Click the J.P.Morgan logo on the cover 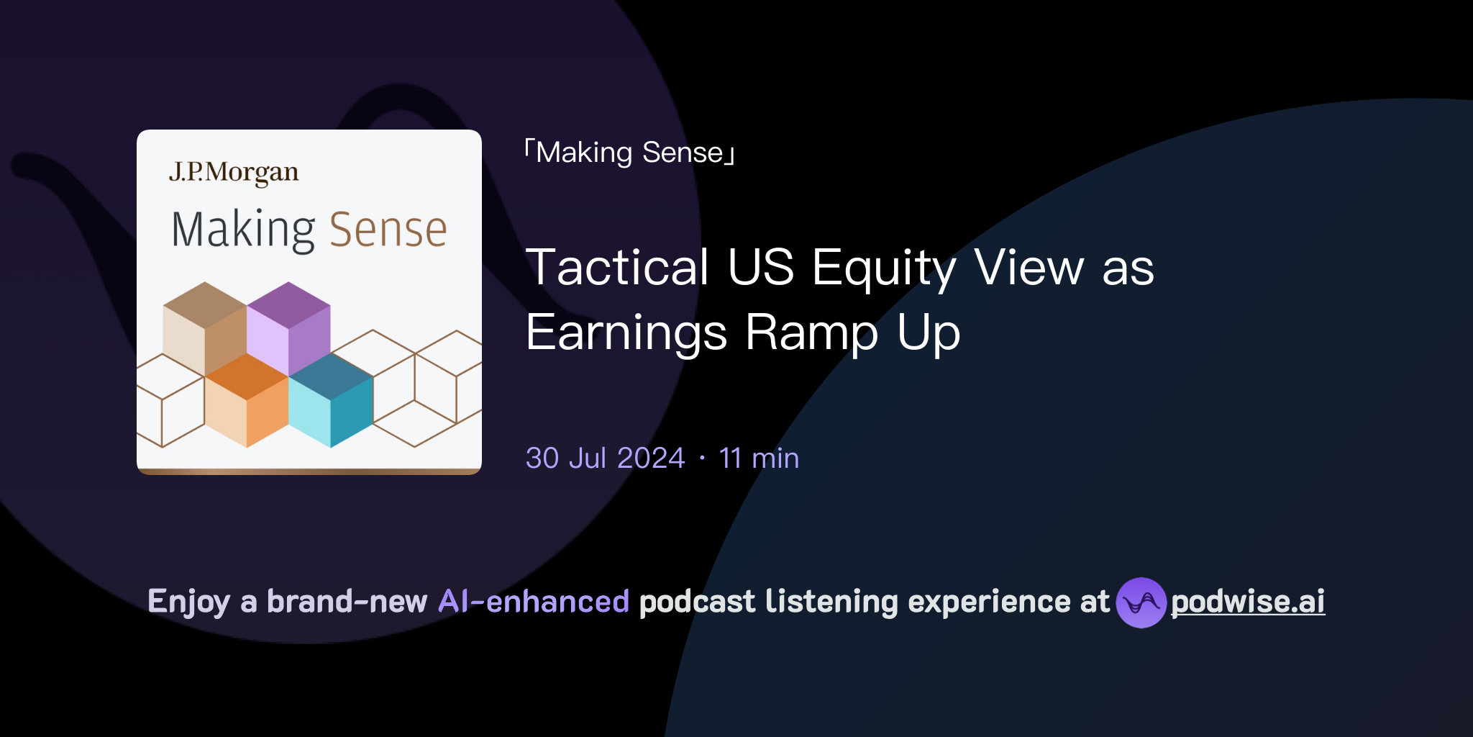click(234, 173)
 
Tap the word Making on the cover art click(243, 230)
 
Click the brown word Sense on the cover click(388, 230)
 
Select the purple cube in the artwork click(288, 327)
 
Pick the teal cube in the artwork click(331, 399)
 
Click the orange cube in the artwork click(247, 399)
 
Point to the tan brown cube click(205, 327)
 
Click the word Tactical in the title click(617, 267)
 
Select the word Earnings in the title click(626, 333)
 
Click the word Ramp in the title click(811, 333)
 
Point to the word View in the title click(1029, 267)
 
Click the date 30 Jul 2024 click(605, 458)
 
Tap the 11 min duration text click(759, 458)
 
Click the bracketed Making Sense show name click(630, 153)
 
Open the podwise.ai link click(1247, 602)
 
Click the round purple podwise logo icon click(1141, 602)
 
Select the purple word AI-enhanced click(534, 602)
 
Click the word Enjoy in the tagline click(188, 602)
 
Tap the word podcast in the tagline click(697, 602)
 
